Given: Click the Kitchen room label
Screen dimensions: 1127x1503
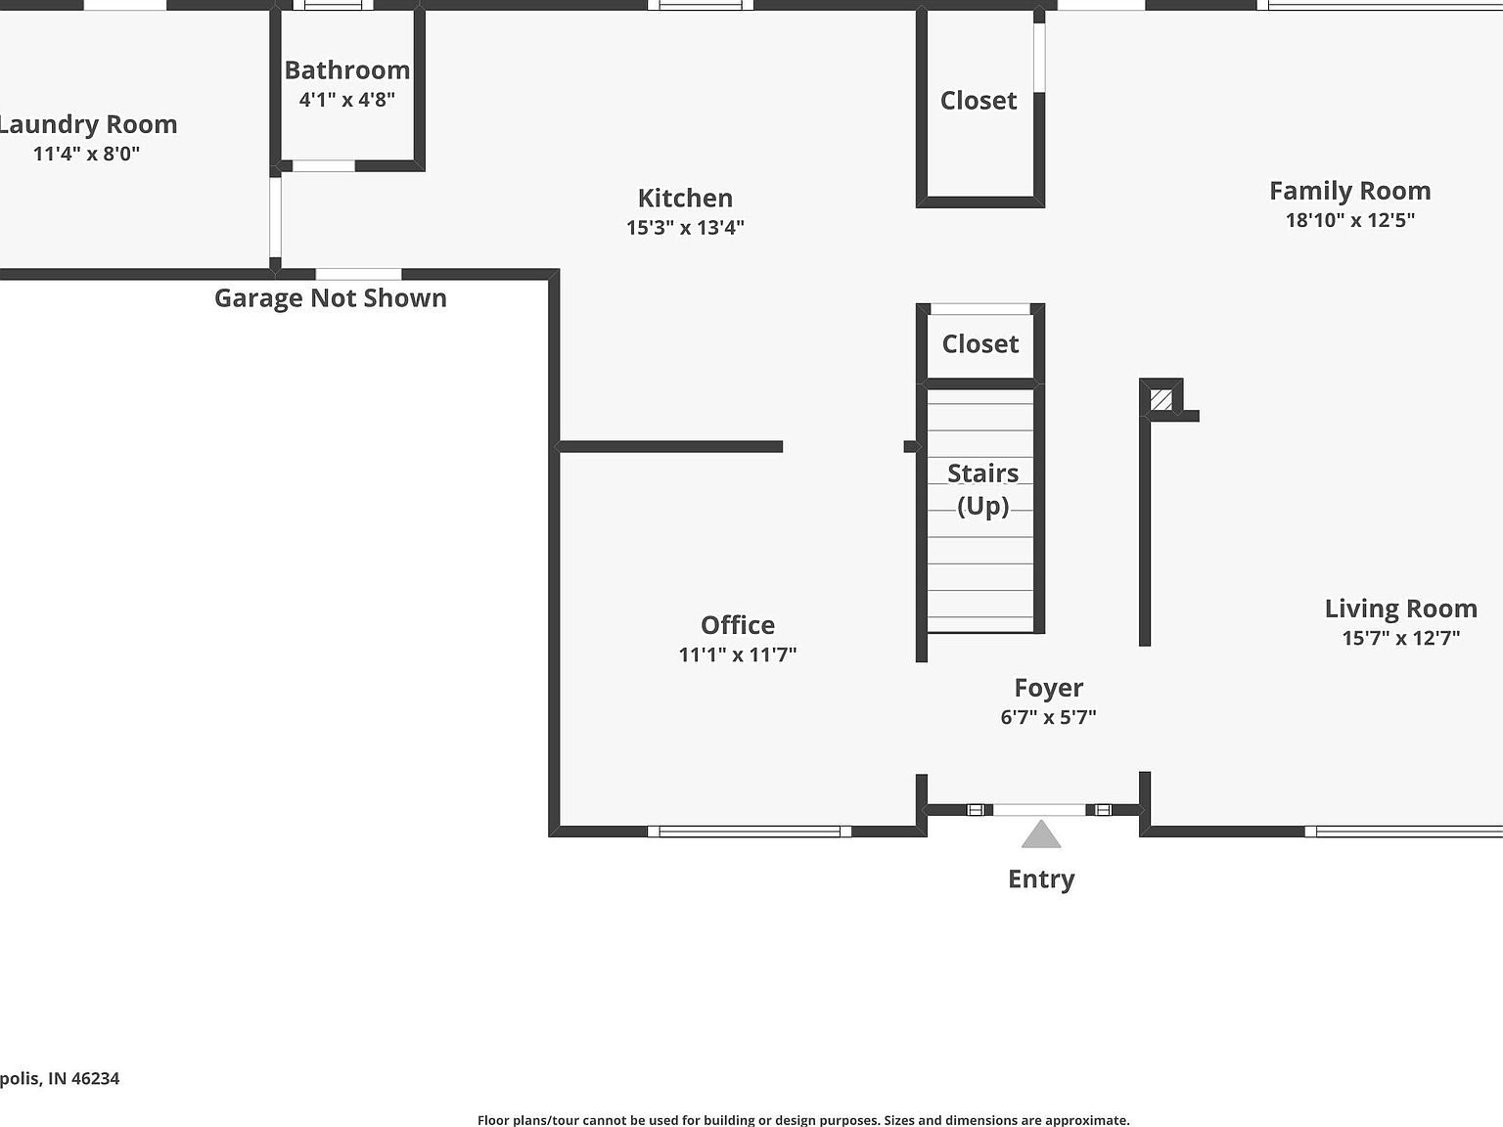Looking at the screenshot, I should tap(685, 198).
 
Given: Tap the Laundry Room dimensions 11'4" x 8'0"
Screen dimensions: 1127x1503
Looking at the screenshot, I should tap(86, 154).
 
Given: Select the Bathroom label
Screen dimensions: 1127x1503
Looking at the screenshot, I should tap(346, 70).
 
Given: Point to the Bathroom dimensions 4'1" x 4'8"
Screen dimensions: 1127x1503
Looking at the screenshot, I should tap(346, 99).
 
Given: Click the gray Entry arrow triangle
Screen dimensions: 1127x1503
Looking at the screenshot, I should tap(1041, 835).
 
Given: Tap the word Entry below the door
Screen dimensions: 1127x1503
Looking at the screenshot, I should tap(1041, 879).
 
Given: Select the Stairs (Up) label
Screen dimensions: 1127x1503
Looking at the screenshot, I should tap(982, 489).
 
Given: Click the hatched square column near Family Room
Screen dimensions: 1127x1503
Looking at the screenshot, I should tap(1161, 399).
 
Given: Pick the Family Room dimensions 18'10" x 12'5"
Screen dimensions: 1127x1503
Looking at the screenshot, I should tap(1349, 220).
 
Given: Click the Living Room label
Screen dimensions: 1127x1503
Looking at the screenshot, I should tap(1400, 609).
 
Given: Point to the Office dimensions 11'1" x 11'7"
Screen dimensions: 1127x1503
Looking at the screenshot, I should tap(738, 654).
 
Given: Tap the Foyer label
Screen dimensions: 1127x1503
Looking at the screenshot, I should tap(1048, 688).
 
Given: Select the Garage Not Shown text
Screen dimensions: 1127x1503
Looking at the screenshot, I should tap(330, 298).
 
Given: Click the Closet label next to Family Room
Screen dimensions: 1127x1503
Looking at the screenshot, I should tap(979, 101).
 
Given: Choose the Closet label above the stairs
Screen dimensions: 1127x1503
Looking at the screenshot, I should tap(979, 344).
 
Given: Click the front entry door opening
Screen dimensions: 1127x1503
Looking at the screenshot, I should tap(1039, 810).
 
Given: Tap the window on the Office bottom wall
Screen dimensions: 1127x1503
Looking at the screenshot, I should tap(749, 832).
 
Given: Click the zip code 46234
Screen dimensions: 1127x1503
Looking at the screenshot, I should tap(96, 1078).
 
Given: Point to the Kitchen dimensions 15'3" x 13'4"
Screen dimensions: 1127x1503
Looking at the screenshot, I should tap(685, 227).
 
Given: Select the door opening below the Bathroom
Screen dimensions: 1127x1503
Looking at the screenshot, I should tap(323, 166).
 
